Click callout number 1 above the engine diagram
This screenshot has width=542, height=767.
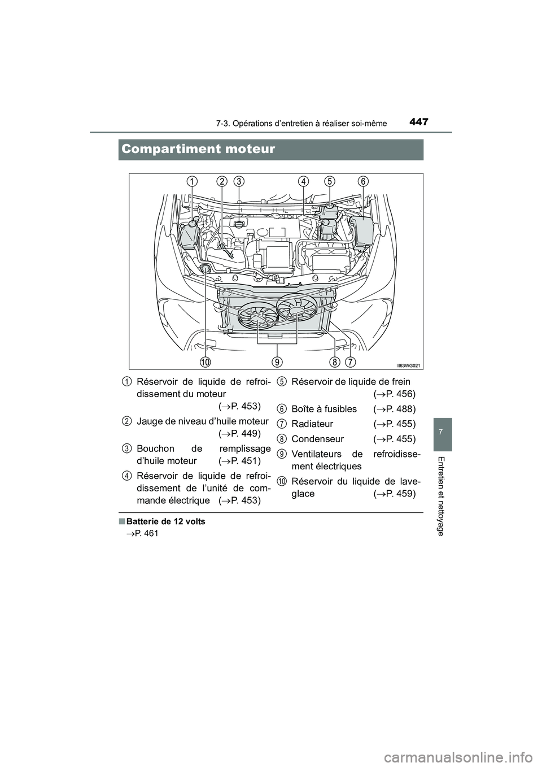(x=193, y=181)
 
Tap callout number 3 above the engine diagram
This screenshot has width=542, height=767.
(x=239, y=181)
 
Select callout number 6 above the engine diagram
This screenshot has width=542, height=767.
(x=363, y=181)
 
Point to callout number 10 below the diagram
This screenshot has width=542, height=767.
(x=205, y=361)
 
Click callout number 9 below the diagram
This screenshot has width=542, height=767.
(x=277, y=361)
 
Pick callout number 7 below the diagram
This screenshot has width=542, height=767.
(x=350, y=361)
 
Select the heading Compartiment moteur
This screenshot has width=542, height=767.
(x=198, y=149)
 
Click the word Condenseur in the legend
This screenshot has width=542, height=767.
(x=317, y=439)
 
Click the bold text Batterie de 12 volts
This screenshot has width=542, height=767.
(x=165, y=521)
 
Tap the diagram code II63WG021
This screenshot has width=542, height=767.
(x=408, y=365)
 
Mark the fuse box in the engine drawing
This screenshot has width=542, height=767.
(x=363, y=232)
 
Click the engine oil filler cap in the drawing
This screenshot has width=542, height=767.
(x=239, y=225)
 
